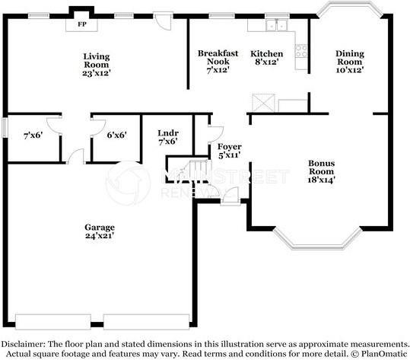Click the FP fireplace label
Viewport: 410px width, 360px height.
[x=82, y=24]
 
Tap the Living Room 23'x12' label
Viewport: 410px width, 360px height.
[x=97, y=65]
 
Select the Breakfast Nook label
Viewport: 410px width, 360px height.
[x=218, y=57]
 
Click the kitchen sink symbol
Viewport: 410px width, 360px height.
[x=277, y=25]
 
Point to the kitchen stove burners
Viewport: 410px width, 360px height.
[x=301, y=51]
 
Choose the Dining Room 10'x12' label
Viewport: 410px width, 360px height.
[x=350, y=62]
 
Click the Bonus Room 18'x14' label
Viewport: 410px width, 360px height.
[x=321, y=171]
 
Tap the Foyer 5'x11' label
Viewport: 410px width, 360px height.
[x=229, y=151]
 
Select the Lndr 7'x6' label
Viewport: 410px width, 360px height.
[x=168, y=137]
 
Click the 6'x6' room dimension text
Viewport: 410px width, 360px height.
[x=117, y=135]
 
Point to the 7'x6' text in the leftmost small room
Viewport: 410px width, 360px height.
[x=33, y=135]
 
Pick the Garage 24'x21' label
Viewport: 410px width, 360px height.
[x=100, y=231]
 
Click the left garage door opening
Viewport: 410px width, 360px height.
[x=53, y=322]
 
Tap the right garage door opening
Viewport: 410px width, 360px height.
[x=146, y=322]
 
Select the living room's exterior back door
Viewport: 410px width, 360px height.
[x=162, y=21]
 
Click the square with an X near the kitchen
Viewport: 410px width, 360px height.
[x=263, y=103]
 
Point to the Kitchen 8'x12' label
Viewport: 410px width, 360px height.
[x=266, y=58]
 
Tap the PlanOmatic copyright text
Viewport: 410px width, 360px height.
[x=378, y=354]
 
